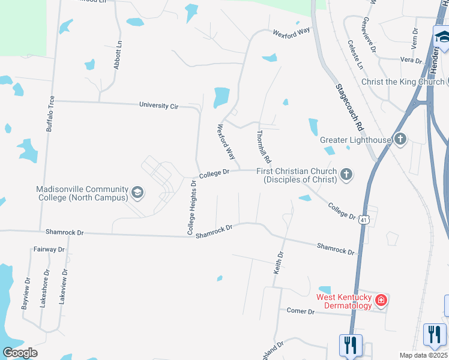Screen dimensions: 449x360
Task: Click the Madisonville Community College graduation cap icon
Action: point(137,192)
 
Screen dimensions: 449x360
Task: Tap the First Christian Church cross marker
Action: point(346,175)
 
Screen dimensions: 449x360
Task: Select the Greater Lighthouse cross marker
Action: point(400,140)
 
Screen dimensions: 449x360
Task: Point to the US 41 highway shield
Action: point(364,220)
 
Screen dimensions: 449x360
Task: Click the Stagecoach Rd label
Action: point(349,108)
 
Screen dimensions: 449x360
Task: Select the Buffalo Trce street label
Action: point(50,113)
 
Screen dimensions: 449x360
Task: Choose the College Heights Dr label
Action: point(192,207)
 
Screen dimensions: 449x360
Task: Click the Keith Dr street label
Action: point(278,263)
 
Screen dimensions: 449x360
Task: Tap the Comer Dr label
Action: point(301,311)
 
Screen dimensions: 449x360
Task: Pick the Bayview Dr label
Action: point(26,293)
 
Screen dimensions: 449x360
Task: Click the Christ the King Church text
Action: point(403,82)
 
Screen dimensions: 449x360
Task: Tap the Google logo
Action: point(20,353)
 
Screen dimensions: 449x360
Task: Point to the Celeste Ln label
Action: point(355,54)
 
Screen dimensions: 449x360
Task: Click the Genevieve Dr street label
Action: point(369,32)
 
